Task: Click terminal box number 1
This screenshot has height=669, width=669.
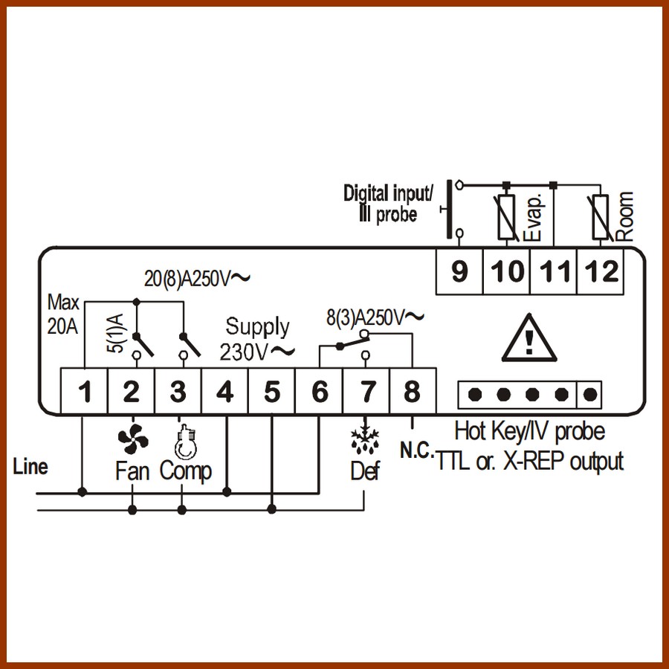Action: (x=84, y=391)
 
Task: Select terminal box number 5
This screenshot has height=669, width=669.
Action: (x=272, y=391)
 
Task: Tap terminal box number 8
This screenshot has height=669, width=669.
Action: (x=413, y=391)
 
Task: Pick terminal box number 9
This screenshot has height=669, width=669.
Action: (x=459, y=271)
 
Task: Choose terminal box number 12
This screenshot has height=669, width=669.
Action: (x=601, y=271)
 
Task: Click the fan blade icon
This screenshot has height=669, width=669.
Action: (x=133, y=439)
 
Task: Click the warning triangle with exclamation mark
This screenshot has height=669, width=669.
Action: (x=529, y=338)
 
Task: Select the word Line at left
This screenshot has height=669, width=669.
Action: (x=30, y=466)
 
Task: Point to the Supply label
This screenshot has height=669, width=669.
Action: (x=257, y=328)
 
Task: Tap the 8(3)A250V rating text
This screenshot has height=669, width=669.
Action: (x=375, y=317)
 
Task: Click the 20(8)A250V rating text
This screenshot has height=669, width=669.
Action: (x=197, y=279)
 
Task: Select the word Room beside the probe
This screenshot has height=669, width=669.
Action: (x=625, y=216)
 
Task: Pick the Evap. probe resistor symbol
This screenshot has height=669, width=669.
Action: (x=506, y=217)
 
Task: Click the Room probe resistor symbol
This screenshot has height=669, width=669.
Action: (x=601, y=217)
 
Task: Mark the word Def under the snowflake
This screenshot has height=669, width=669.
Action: (x=365, y=471)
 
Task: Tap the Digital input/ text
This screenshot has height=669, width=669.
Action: (x=388, y=193)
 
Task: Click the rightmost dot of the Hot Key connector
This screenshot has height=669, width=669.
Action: (x=589, y=395)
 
